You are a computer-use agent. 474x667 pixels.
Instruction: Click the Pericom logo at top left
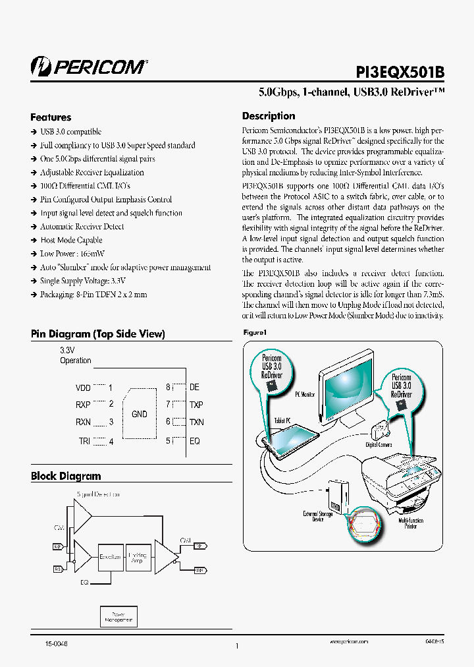89,66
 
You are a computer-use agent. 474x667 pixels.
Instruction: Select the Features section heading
51,117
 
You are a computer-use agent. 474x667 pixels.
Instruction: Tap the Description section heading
269,116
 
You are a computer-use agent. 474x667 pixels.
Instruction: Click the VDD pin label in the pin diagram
83,388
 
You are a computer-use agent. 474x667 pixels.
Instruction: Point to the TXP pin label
196,405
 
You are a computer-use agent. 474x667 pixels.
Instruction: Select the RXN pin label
83,422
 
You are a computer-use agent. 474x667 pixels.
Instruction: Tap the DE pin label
194,388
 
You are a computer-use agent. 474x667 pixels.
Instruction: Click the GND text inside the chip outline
140,414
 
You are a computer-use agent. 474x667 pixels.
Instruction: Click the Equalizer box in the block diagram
110,557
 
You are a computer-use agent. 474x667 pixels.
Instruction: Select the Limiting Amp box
138,557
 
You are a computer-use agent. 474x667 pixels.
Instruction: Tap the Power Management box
118,616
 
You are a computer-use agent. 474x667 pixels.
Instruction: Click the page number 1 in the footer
236,646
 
